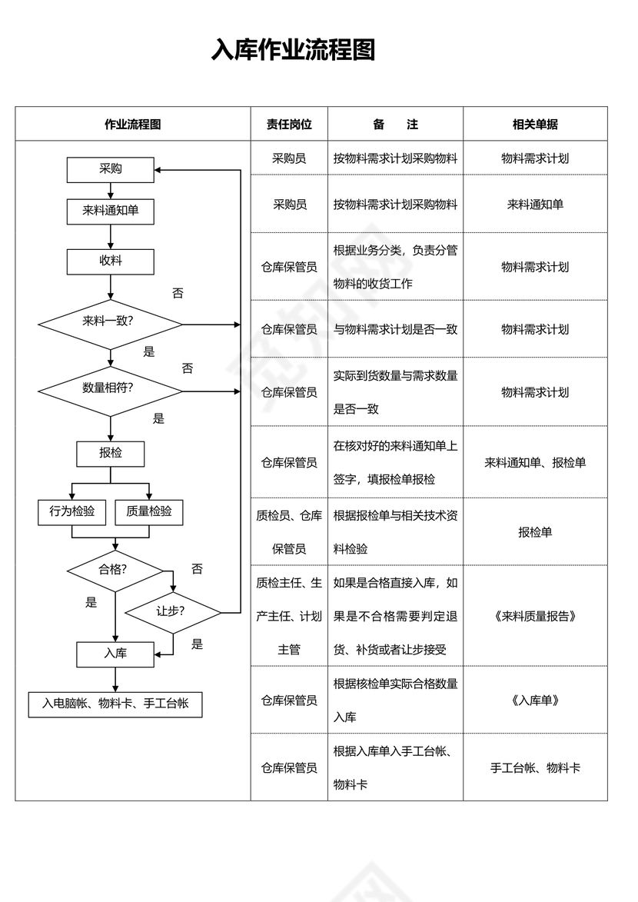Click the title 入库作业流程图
click(x=294, y=50)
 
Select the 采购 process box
click(x=111, y=169)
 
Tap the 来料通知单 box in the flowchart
click(x=111, y=211)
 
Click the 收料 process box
click(x=111, y=261)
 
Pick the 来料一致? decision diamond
click(x=110, y=323)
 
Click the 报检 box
click(x=111, y=453)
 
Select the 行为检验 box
click(x=72, y=511)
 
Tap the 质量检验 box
click(x=149, y=511)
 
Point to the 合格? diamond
click(x=115, y=570)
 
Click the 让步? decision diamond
click(x=172, y=612)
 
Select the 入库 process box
click(x=115, y=654)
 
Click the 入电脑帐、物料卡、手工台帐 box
click(x=115, y=703)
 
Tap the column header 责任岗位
click(x=289, y=125)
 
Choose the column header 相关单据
click(x=535, y=125)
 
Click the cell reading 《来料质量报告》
click(x=535, y=616)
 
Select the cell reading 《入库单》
click(x=535, y=700)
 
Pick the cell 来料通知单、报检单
click(x=535, y=462)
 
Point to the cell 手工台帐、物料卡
click(x=535, y=767)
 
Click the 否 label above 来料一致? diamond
click(x=178, y=294)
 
